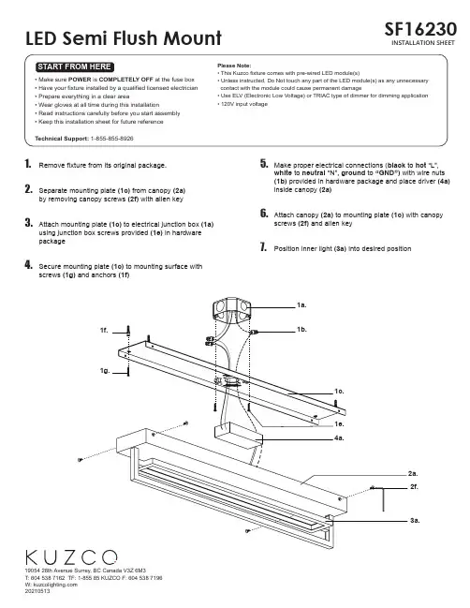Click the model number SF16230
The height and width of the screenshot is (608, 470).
(x=420, y=29)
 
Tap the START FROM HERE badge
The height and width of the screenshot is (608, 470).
(x=75, y=67)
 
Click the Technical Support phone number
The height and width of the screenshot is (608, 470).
(x=112, y=139)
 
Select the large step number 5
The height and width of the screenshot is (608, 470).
(x=264, y=164)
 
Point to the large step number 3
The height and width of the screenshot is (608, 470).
(x=29, y=223)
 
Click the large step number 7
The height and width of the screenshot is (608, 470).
(x=263, y=247)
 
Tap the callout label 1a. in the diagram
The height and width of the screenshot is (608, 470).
(x=301, y=305)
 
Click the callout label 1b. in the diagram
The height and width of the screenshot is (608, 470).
(x=301, y=330)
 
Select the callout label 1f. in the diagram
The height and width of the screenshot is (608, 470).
(x=104, y=331)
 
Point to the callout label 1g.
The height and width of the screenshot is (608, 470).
(x=105, y=371)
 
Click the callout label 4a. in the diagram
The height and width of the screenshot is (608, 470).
(x=339, y=438)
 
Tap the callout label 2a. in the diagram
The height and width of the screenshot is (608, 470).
(x=413, y=473)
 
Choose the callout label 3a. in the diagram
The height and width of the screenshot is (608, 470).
(x=415, y=520)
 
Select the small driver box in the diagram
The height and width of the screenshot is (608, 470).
(x=239, y=435)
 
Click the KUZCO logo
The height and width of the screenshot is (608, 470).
(x=71, y=557)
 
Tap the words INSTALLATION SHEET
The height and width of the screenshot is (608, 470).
(x=423, y=43)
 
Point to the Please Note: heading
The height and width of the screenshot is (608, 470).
(x=234, y=66)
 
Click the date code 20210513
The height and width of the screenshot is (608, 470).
(x=37, y=591)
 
